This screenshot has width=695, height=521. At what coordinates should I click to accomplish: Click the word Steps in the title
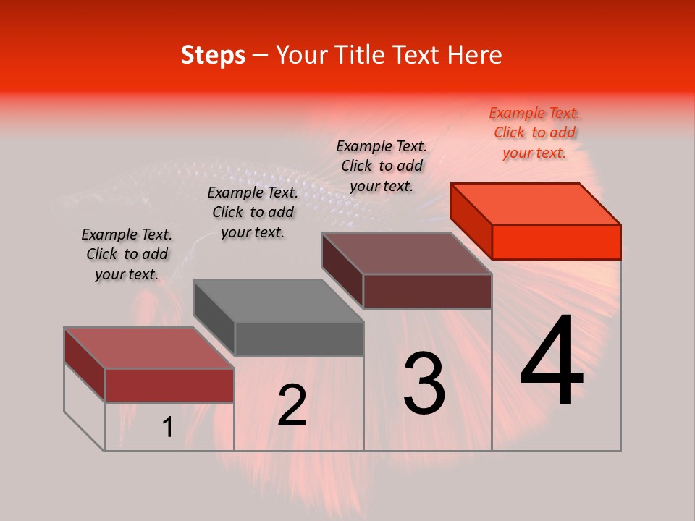pos(213,55)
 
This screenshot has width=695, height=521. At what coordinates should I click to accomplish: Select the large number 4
pos(552,362)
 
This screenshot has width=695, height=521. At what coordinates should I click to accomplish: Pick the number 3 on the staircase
pos(424,383)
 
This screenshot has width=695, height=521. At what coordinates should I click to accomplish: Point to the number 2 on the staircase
pos(292,405)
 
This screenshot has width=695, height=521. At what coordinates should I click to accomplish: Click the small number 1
pos(168,428)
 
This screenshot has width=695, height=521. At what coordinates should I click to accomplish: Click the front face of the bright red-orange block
pos(556,242)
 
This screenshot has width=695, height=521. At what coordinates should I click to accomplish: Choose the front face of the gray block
pos(299,339)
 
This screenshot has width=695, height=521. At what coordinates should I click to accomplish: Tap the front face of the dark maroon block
pos(427,292)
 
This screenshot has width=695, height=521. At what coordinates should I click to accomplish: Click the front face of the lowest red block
pos(169,385)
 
